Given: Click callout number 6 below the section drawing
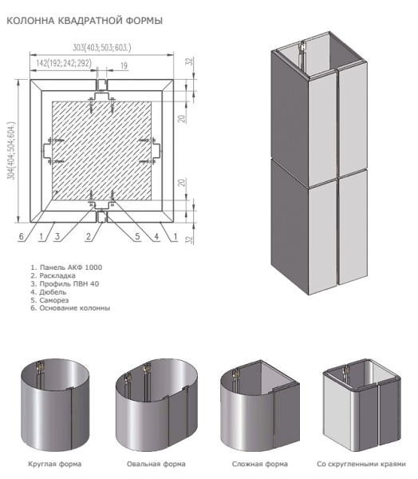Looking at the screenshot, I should click(20, 236).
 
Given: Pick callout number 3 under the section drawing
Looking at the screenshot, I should click(58, 236).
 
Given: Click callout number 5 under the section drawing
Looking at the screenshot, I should click(136, 236).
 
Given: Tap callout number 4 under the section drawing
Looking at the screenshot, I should click(156, 236).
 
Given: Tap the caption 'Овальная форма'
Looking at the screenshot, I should click(156, 463).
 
